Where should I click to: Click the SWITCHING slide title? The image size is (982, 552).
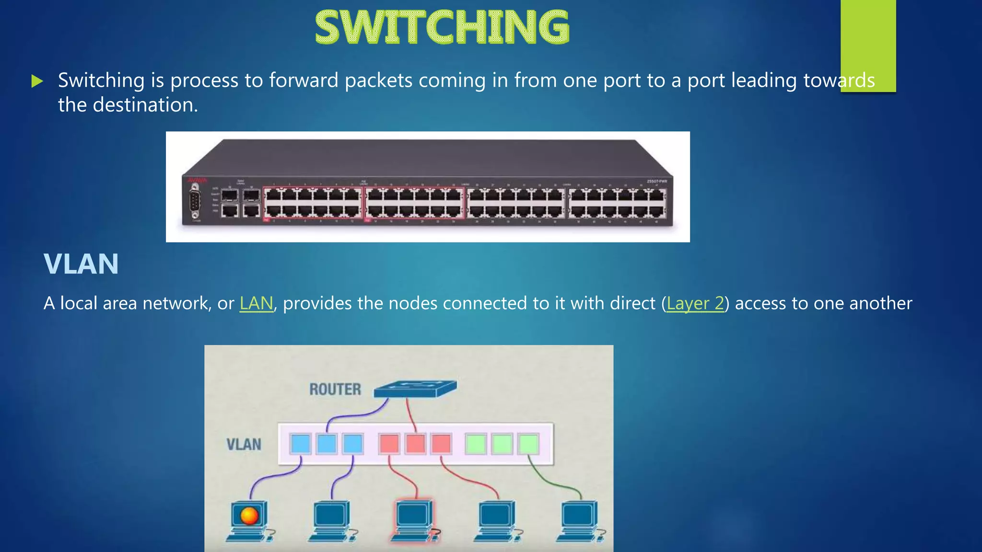click(442, 28)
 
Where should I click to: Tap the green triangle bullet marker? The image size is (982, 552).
click(37, 81)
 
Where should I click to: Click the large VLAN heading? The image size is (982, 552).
click(81, 264)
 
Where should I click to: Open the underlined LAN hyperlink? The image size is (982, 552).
click(256, 303)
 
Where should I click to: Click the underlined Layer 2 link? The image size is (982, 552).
click(695, 303)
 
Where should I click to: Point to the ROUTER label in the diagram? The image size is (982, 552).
click(335, 389)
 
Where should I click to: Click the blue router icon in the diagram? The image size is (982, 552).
click(415, 389)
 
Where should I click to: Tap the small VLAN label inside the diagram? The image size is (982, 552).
click(244, 444)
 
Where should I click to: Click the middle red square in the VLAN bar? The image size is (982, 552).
click(415, 444)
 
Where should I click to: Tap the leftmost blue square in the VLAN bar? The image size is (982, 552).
click(301, 444)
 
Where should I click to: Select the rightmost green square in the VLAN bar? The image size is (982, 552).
click(528, 444)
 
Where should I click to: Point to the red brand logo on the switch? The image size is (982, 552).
click(197, 180)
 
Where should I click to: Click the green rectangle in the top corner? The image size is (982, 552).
click(868, 43)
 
